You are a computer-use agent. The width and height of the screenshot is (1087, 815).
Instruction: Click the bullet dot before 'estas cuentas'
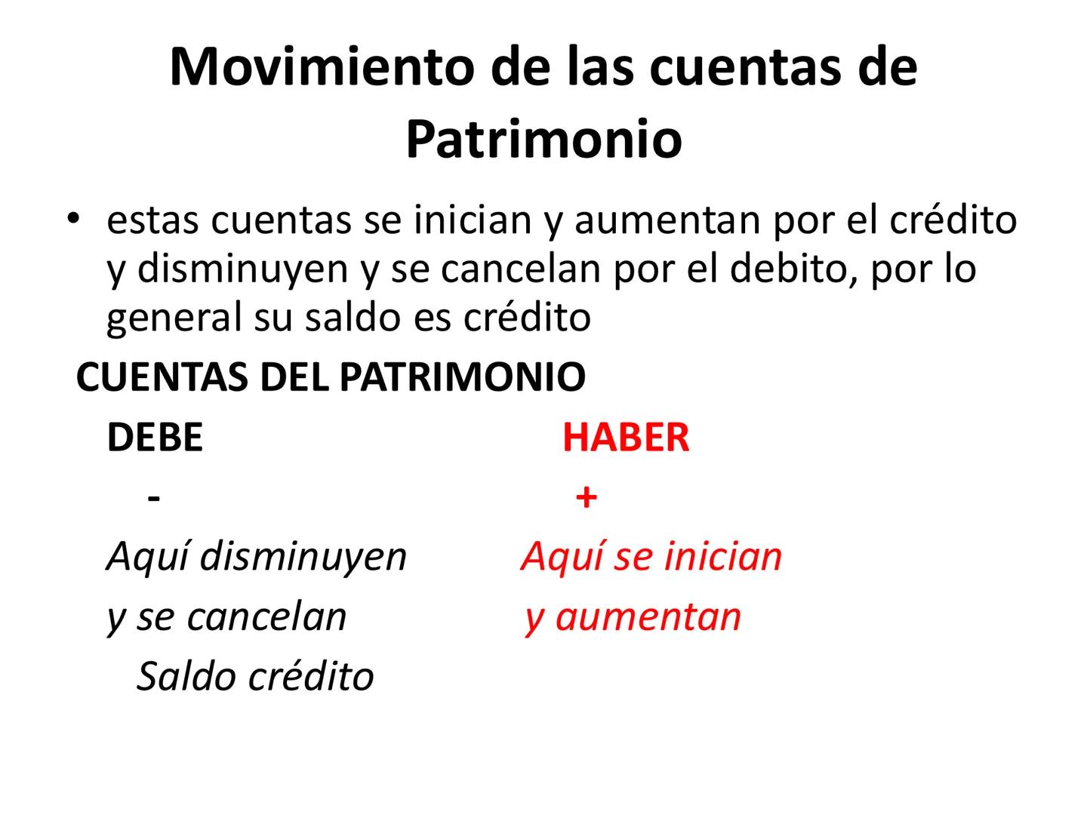[x=72, y=219]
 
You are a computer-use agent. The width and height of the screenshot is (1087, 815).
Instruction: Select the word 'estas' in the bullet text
[x=153, y=220]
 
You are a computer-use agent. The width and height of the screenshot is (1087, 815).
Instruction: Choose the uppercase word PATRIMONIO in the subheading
[x=462, y=377]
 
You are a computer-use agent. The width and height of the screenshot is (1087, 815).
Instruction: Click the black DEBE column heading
[x=155, y=438]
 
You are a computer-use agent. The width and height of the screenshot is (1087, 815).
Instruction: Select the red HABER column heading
[x=626, y=438]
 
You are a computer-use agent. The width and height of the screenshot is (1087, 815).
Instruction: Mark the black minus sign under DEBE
[x=155, y=498]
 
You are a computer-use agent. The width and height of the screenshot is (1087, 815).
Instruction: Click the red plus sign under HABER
[x=586, y=498]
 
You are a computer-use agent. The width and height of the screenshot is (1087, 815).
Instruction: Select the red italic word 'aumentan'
[x=648, y=617]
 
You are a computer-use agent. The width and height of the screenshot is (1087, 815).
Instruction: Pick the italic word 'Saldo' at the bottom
[x=186, y=676]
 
